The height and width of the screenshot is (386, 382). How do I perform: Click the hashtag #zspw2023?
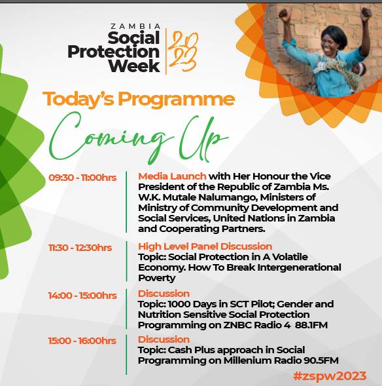click(329, 376)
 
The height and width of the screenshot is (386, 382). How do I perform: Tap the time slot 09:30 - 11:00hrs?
click(82, 177)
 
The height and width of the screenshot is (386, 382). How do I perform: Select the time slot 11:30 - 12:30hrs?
click(80, 247)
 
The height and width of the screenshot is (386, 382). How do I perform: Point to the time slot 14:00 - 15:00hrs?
click(82, 295)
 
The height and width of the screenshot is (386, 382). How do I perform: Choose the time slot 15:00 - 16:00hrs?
click(82, 341)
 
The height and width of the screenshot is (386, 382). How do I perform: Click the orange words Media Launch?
click(172, 176)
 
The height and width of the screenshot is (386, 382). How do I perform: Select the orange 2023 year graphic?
click(183, 50)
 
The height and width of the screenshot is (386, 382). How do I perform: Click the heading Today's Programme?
click(139, 99)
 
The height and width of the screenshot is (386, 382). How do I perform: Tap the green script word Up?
click(200, 135)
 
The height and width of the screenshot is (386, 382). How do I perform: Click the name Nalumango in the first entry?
click(230, 197)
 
